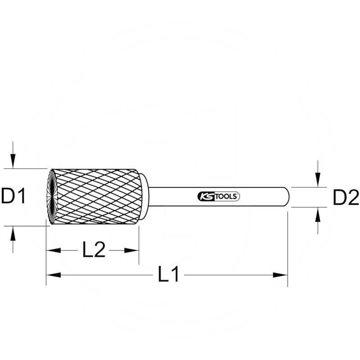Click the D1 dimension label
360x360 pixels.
tap(13, 196)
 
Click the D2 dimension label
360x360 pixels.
tap(346, 197)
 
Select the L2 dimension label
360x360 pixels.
tap(94, 249)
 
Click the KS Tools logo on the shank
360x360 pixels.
tap(219, 197)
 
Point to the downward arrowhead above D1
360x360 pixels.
tap(13, 162)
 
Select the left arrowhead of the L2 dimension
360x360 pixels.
tap(54, 250)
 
